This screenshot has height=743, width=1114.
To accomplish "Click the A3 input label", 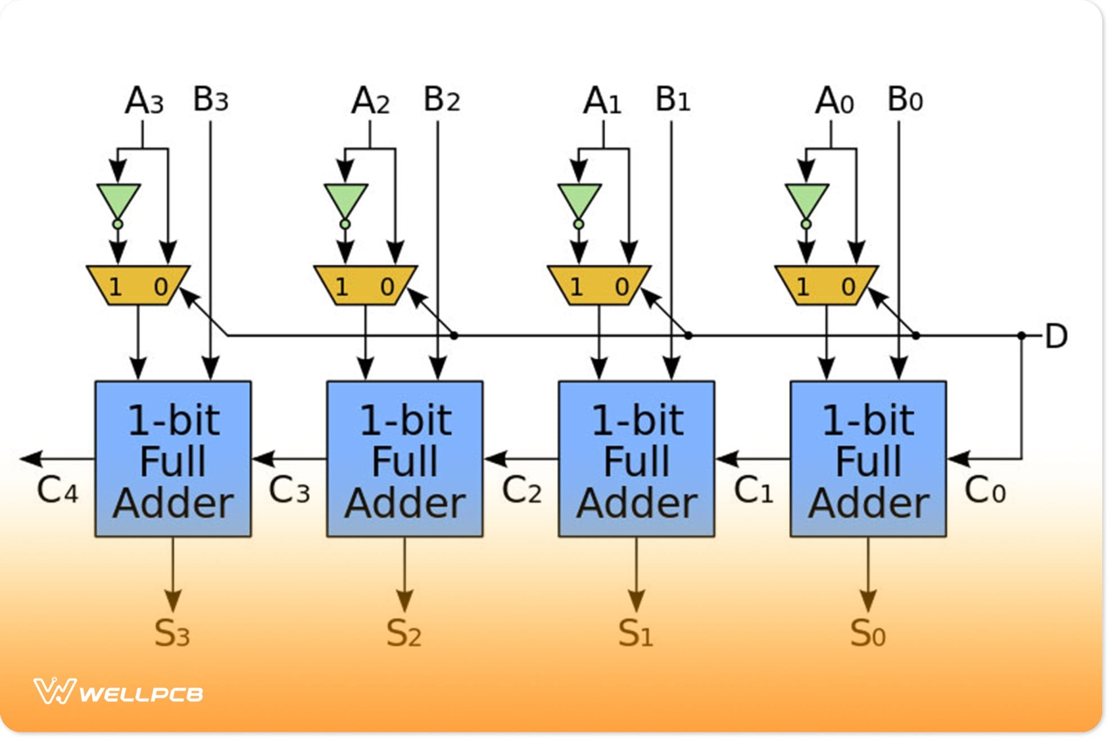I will pos(144,101).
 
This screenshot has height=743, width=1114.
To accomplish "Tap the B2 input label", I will pos(442,100).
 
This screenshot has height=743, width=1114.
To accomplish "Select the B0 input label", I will pos(905,100).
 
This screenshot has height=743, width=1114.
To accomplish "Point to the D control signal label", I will pos(1055,337).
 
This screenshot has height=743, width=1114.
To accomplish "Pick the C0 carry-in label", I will pos(985,490).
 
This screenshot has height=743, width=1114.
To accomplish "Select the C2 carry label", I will pos(522,490).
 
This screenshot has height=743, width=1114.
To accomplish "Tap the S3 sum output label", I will pos(172,633).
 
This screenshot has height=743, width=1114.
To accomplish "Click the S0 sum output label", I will pos(868,633).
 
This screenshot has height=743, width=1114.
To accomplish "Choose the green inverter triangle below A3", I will pos(118,200).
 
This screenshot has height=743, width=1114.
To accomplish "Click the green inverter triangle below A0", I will pos(807,200).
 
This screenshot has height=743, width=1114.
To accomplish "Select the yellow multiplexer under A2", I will pos(366,286).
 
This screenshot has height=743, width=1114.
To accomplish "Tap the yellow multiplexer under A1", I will pos(599,286).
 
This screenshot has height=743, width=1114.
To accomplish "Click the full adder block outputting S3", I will pos(173,459).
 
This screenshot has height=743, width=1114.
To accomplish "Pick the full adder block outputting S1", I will pos(636,459).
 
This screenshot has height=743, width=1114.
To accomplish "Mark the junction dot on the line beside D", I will pos(1022,336).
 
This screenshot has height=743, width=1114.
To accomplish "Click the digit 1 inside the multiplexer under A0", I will pos(803,288).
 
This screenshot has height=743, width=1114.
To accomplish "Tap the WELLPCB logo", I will pos(118,692).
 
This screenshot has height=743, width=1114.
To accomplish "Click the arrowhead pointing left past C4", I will pos(32,459).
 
